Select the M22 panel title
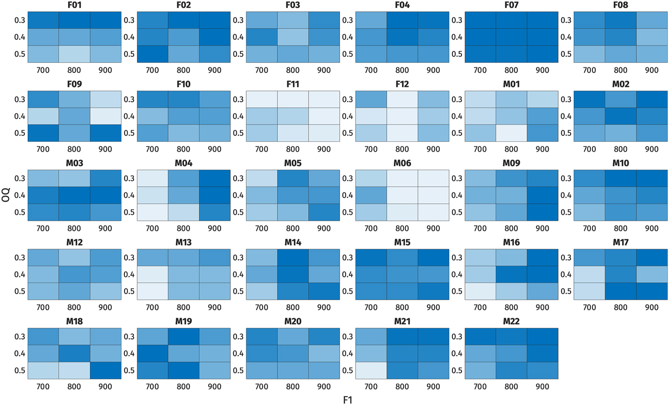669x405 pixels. coord(511,321)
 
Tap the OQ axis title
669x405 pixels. coord(6,194)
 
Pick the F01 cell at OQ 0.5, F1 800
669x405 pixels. coord(75,53)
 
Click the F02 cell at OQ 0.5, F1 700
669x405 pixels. coord(153,53)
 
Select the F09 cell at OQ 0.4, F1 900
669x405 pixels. coord(106,116)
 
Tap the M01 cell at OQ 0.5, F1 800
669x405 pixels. coord(511,132)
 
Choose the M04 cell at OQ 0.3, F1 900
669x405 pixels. coord(215,178)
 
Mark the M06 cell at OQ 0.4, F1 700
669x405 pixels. coord(371,195)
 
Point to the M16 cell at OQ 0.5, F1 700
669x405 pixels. coord(480,291)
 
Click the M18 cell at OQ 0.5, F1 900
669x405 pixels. coord(106,370)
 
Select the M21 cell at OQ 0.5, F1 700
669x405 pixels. coord(371,370)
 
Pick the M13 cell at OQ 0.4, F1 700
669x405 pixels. coord(153,274)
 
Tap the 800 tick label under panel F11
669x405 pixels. coord(293,149)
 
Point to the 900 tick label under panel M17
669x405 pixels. coord(651,307)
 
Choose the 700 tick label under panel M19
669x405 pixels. coord(153,386)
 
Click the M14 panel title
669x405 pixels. coord(293,242)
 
